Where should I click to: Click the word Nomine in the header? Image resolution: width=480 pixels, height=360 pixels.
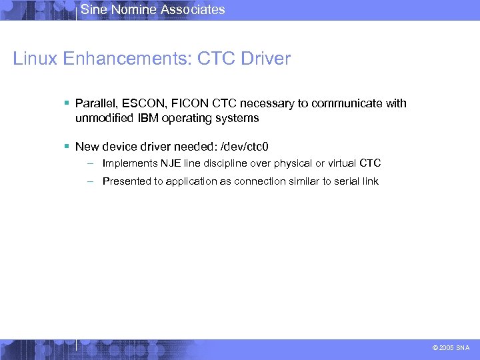coord(131,9)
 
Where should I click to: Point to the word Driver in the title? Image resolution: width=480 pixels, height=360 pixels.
coord(265,59)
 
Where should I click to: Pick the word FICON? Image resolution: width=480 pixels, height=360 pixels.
coord(191,103)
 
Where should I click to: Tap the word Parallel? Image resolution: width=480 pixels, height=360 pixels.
coord(95,103)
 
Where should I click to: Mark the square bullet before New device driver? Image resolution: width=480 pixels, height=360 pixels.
coord(67,146)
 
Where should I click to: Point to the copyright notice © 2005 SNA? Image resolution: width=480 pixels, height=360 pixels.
coord(451,347)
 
